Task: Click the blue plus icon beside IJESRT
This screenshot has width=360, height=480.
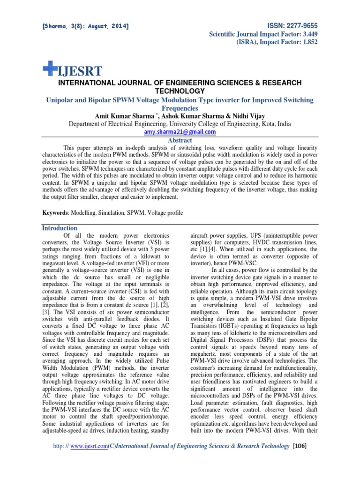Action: coord(49,69)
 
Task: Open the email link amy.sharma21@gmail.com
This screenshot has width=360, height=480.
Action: coord(180,132)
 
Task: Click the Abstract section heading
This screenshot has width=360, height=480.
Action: coord(180,140)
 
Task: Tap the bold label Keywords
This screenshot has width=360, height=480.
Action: coord(54,213)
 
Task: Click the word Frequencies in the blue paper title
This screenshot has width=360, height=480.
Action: coord(180,108)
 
